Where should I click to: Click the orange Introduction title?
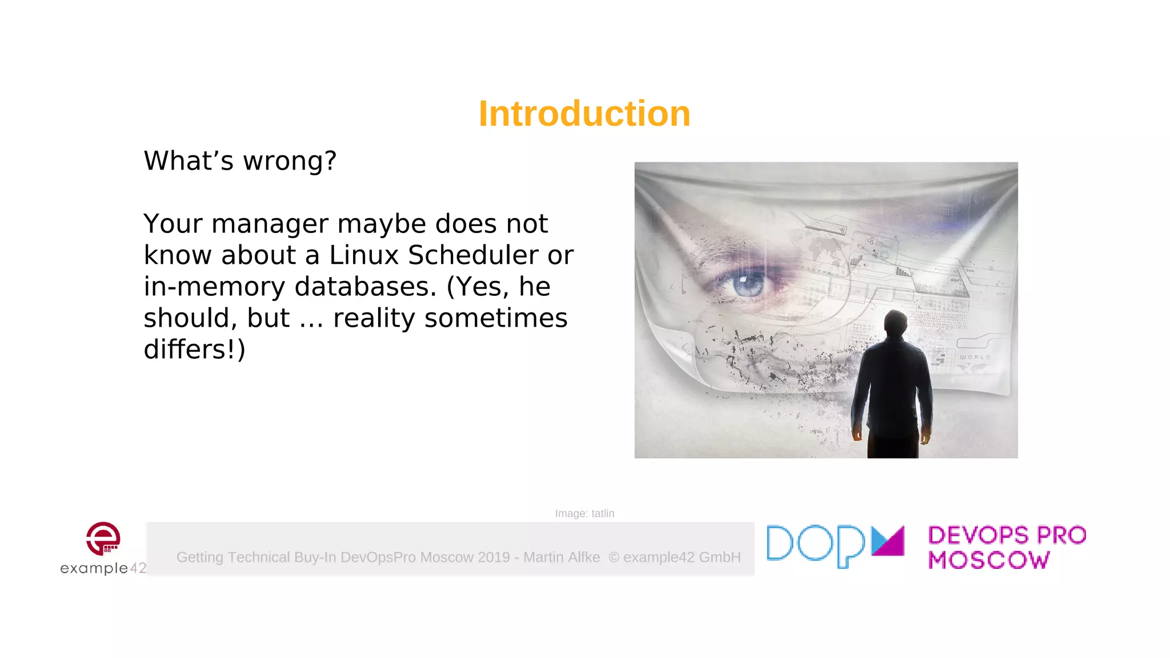(x=584, y=113)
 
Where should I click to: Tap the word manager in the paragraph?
(x=270, y=223)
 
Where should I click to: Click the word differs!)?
(x=194, y=349)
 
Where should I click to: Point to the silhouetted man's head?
(x=895, y=323)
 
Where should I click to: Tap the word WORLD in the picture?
(x=975, y=357)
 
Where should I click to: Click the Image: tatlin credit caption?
(x=584, y=513)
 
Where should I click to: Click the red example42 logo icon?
(x=103, y=538)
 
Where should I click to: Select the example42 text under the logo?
(x=103, y=568)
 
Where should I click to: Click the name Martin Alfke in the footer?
(x=562, y=557)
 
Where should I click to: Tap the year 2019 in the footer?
(x=494, y=557)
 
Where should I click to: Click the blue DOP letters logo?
(x=816, y=545)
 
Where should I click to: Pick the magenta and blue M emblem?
(x=888, y=540)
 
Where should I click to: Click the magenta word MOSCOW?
(x=989, y=560)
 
